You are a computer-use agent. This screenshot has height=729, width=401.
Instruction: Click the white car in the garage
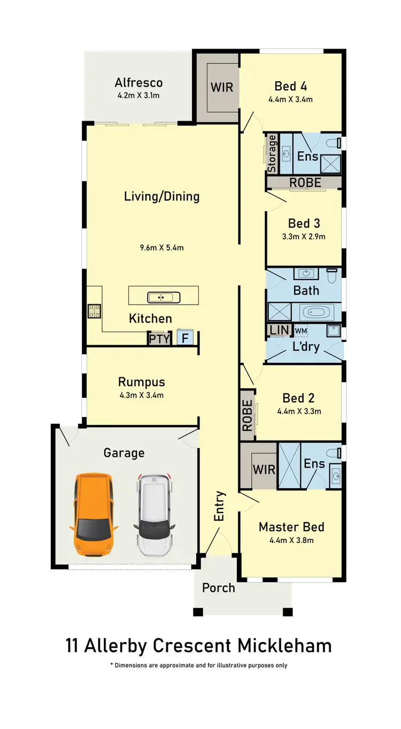coord(155,514)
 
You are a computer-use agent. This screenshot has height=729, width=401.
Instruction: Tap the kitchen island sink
coord(160,297)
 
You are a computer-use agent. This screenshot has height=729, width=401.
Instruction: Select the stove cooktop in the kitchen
coord(95,311)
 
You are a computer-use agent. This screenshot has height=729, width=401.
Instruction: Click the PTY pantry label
coord(159,338)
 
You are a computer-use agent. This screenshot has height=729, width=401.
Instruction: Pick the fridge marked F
coord(185,338)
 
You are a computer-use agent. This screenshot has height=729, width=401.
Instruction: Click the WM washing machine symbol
coord(300,331)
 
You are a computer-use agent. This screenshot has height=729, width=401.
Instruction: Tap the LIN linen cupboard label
coord(279,330)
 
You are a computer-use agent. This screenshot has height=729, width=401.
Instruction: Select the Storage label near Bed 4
coord(272,154)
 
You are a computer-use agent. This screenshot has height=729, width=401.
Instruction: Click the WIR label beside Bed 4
coord(221,87)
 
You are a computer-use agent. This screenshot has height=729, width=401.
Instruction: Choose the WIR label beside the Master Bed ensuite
coord(264,470)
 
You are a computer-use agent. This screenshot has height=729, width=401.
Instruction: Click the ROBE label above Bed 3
coord(305,182)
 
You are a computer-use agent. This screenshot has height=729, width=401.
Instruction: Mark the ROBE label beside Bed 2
coord(246,415)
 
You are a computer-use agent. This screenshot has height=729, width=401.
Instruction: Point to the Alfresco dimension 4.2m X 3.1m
coord(138,96)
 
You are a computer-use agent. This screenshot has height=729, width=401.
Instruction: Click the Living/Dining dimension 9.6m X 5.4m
coord(161,247)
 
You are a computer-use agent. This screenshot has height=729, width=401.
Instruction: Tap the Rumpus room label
coord(141,382)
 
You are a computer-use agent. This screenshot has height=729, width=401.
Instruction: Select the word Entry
coord(219,506)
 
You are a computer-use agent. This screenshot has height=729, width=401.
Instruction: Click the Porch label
coord(218,588)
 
